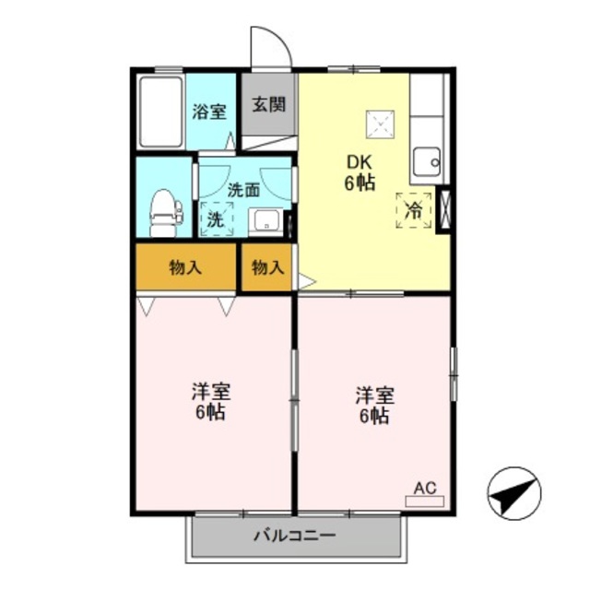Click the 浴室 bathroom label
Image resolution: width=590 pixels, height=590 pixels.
[209, 112]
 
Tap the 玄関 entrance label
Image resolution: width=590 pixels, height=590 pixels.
[268, 103]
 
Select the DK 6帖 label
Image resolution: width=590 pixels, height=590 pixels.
[360, 172]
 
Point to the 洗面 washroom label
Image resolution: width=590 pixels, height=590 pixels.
[243, 191]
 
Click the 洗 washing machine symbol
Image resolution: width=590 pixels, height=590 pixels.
[216, 219]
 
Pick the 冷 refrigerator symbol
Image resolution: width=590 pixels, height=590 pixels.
[414, 209]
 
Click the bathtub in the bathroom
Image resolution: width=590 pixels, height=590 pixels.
[160, 112]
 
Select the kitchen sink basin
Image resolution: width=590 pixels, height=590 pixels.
[427, 163]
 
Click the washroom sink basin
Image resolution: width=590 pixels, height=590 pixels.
[265, 221]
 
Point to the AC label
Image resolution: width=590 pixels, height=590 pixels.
[424, 489]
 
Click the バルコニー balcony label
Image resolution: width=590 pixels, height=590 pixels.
[295, 536]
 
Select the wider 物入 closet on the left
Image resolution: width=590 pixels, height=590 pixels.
[187, 267]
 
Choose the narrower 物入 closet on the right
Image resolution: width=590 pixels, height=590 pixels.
[267, 267]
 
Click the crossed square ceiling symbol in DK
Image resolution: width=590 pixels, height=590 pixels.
[379, 122]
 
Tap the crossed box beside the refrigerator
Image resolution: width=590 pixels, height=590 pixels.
[445, 207]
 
